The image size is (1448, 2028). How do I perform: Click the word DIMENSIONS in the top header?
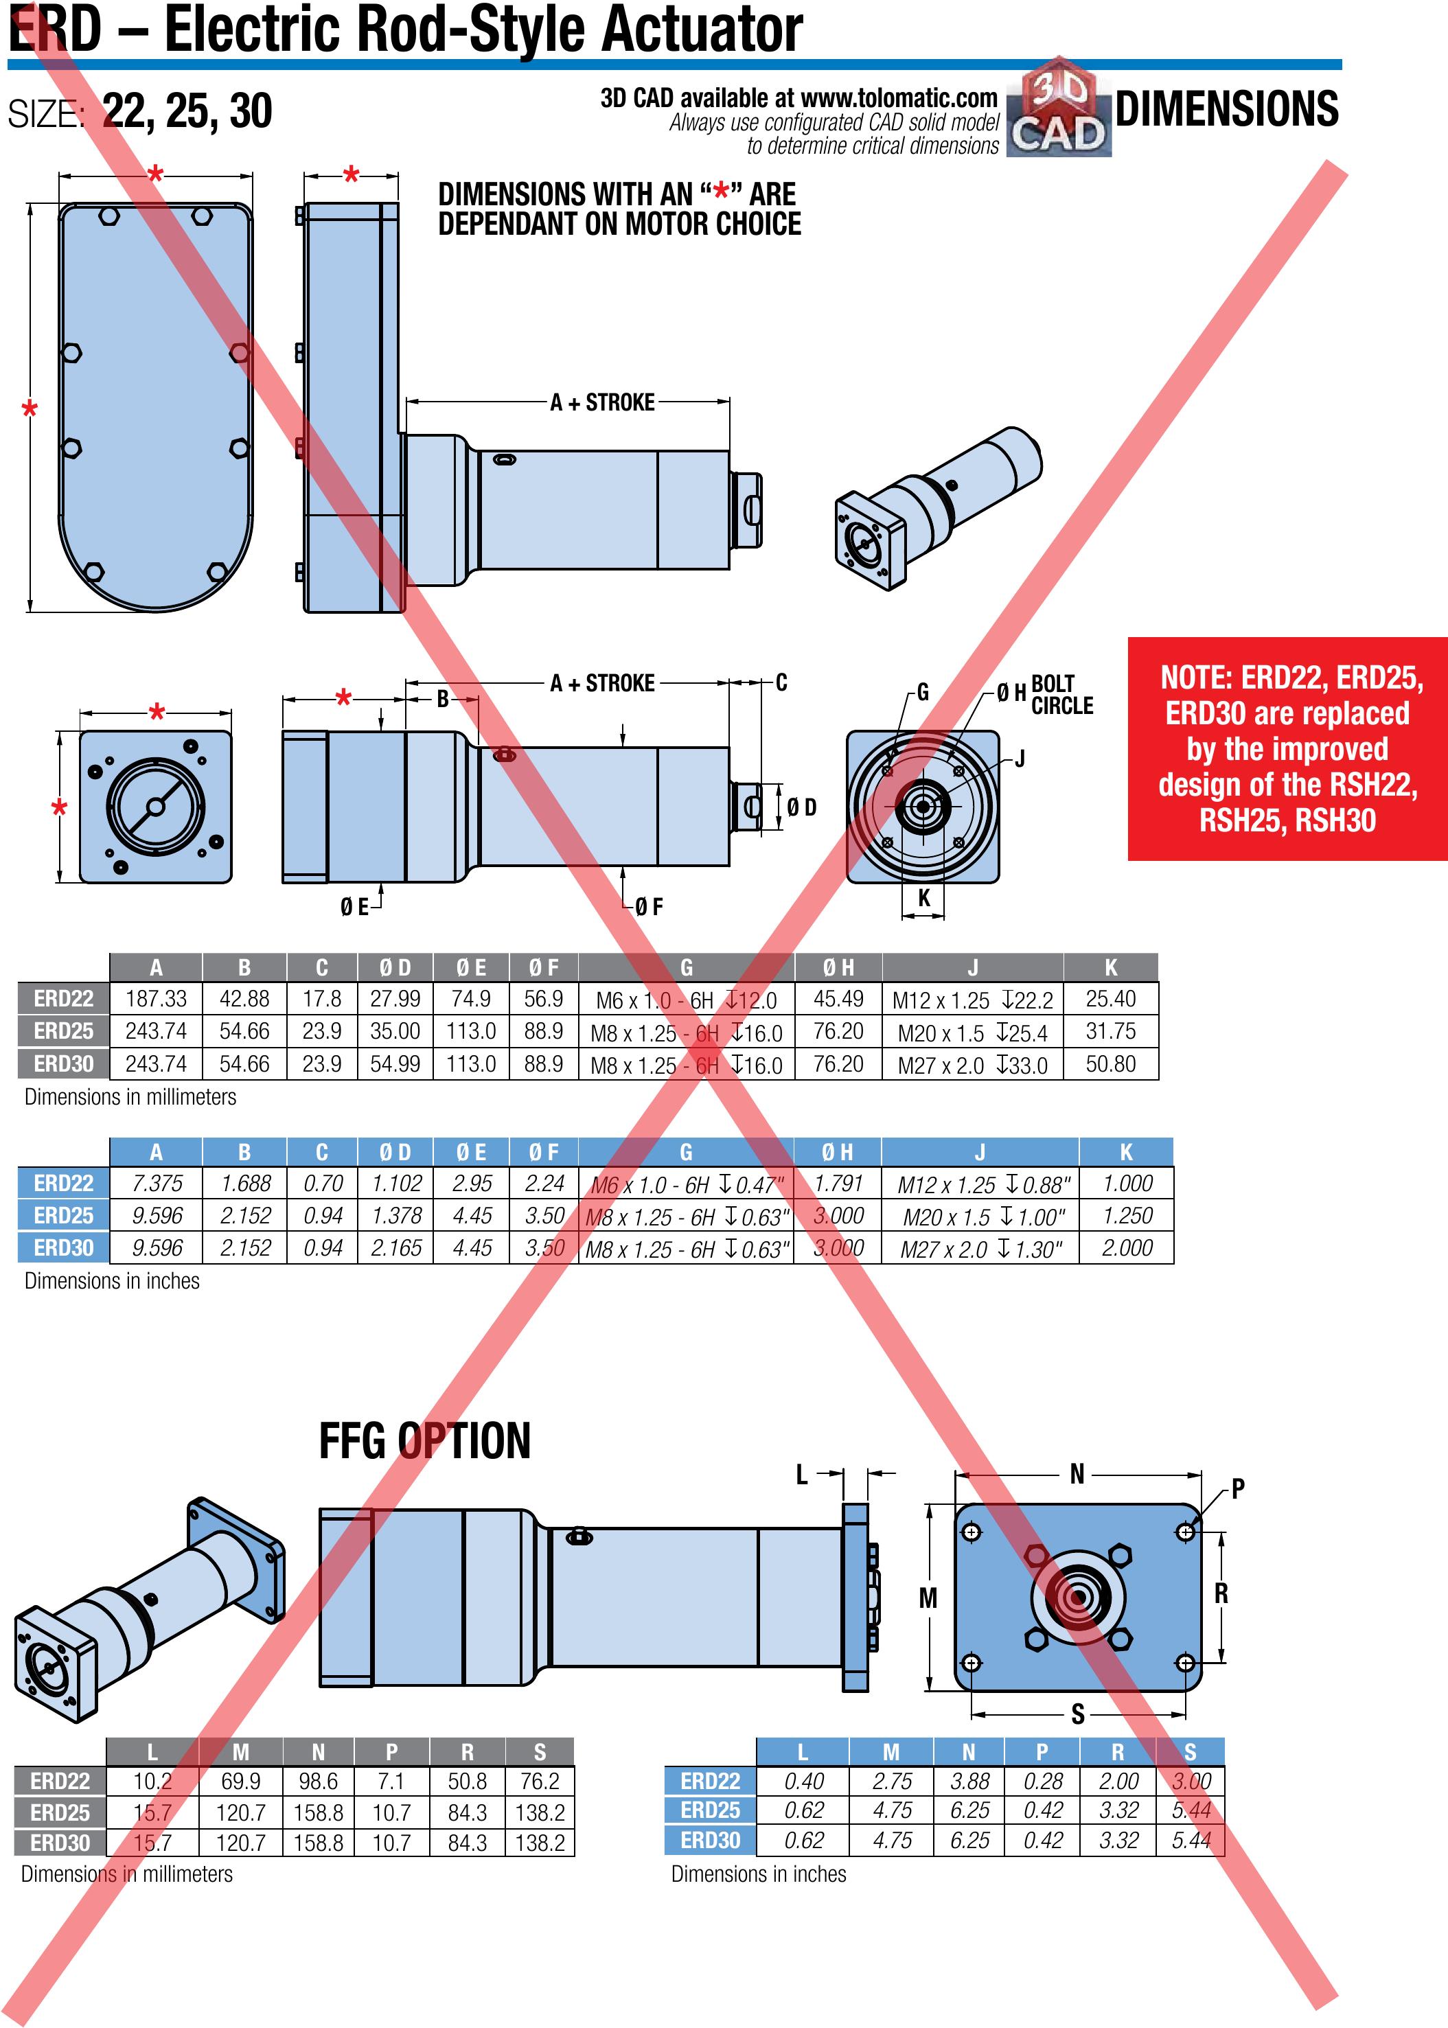(x=1226, y=108)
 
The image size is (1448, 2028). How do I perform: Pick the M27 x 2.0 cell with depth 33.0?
(x=973, y=1064)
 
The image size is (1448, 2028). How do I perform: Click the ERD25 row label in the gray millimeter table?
(x=63, y=1030)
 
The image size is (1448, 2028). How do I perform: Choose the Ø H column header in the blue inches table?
(x=837, y=1152)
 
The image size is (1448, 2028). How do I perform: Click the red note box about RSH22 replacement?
(x=1287, y=749)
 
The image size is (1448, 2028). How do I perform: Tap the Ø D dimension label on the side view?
(x=801, y=807)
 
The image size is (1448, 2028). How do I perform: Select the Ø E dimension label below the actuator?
(x=354, y=907)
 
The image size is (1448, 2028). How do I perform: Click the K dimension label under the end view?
(x=923, y=898)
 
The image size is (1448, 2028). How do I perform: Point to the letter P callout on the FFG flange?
(x=1238, y=1488)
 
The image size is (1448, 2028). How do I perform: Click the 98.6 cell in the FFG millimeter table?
(x=319, y=1781)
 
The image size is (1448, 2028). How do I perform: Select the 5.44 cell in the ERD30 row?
(x=1191, y=1840)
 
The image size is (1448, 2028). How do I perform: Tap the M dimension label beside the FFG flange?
(x=928, y=1598)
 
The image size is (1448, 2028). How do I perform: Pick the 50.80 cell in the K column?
(x=1110, y=1063)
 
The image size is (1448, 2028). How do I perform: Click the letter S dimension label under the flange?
(x=1078, y=1714)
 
